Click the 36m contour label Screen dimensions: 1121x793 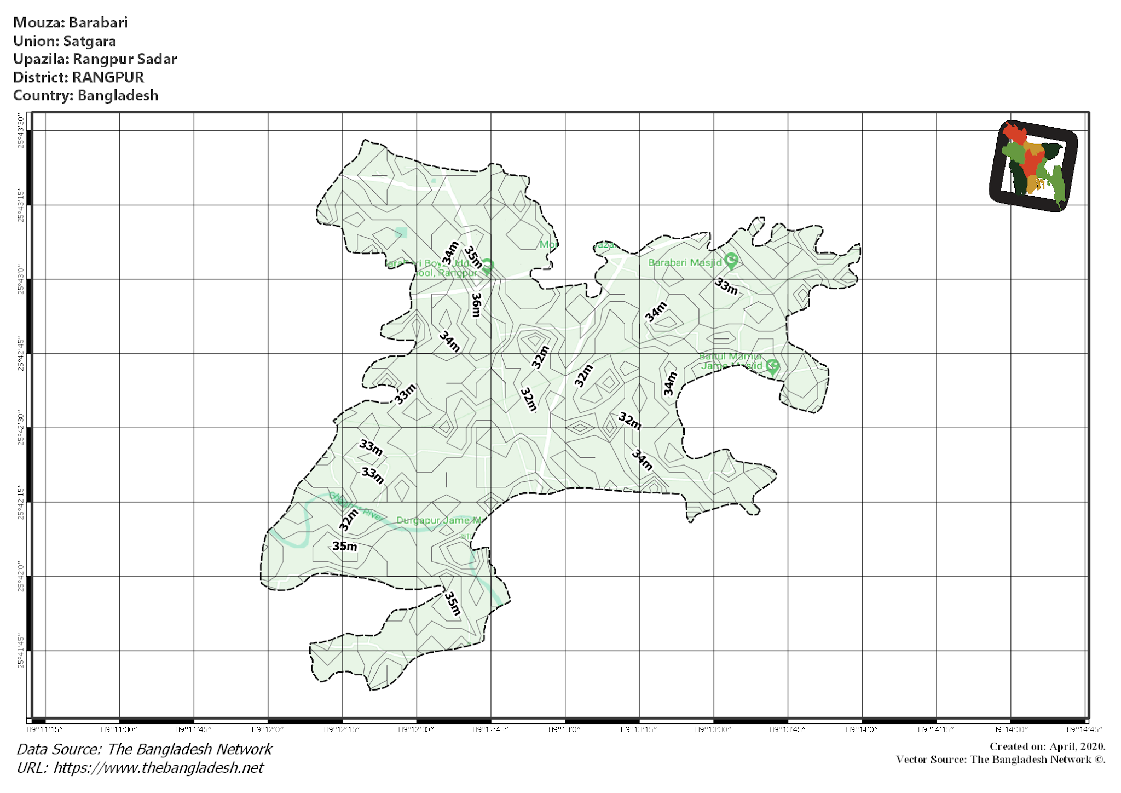coord(476,305)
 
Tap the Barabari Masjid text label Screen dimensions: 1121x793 coord(685,263)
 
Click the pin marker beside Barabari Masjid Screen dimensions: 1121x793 coord(731,261)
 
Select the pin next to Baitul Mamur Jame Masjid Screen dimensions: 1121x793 coord(772,366)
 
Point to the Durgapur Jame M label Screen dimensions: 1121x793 coord(438,520)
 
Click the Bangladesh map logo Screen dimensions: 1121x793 coord(1033,166)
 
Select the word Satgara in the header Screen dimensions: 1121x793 coord(90,41)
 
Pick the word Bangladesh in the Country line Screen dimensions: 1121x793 coord(118,95)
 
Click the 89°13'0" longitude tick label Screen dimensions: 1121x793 coord(564,729)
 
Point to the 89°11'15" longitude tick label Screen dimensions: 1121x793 coord(45,729)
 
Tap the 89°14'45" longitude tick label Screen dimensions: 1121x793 coord(1084,729)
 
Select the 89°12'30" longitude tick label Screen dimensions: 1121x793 coord(416,729)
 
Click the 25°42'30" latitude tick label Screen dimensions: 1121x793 coord(21,428)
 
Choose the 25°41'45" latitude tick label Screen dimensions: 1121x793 coord(21,651)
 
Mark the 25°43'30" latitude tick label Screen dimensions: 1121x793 coord(21,131)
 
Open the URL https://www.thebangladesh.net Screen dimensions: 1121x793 coord(159,768)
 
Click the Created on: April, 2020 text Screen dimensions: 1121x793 coord(1047,746)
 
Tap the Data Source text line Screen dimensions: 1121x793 coord(145,749)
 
